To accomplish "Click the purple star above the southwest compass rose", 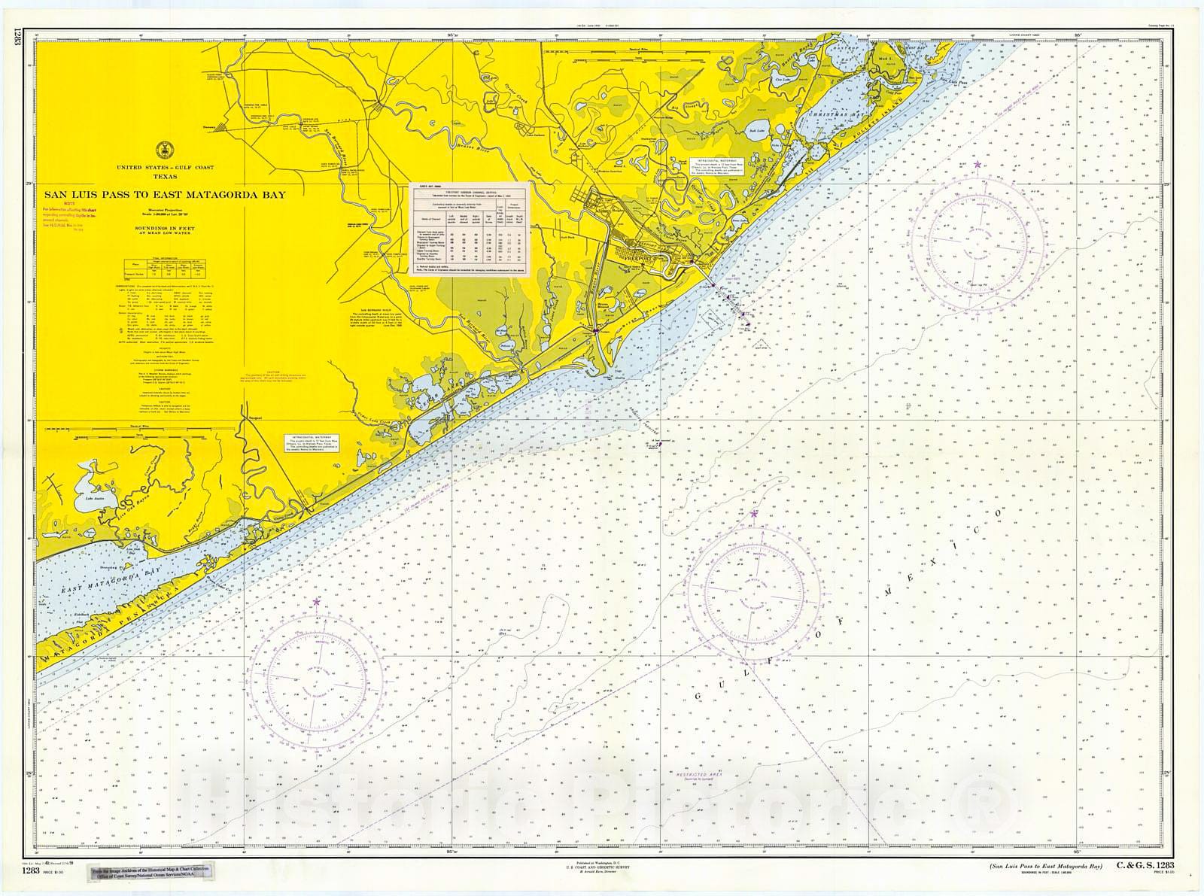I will [316, 602].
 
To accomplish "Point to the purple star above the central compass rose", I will [754, 513].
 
